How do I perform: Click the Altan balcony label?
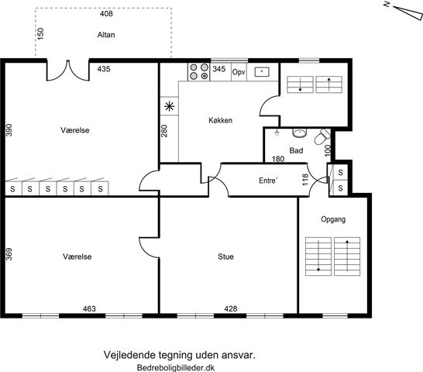[x=106, y=35]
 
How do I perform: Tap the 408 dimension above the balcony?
[x=106, y=13]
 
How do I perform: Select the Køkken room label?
[x=220, y=120]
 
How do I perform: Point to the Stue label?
[x=225, y=257]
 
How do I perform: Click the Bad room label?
[x=296, y=150]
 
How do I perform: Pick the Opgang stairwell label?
[x=333, y=219]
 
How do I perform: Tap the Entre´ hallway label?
[x=268, y=181]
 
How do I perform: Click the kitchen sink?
[x=262, y=72]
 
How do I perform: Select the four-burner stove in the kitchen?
[x=199, y=71]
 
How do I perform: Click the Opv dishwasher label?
[x=239, y=72]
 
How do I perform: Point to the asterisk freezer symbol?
[x=170, y=106]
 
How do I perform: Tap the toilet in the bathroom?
[x=322, y=136]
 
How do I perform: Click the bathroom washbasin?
[x=300, y=133]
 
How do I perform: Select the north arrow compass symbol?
[x=404, y=12]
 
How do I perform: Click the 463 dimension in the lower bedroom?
[x=89, y=308]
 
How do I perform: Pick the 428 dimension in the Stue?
[x=231, y=308]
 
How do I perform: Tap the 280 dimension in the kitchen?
[x=164, y=131]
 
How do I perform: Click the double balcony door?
[x=68, y=71]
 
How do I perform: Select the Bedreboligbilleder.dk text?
[x=176, y=367]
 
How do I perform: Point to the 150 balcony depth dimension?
[x=40, y=34]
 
